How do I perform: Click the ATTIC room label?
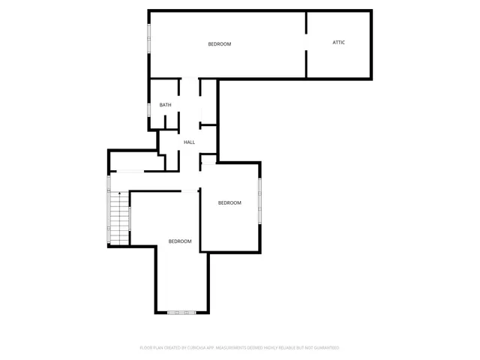pos(339,42)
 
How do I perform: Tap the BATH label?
pos(165,105)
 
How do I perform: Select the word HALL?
pos(189,142)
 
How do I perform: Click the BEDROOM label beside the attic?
pos(220,44)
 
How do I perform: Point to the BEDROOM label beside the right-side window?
pos(229,203)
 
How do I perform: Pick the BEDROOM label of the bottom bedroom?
pos(180,241)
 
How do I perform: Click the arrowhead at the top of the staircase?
pos(119,193)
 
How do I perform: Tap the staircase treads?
pos(119,217)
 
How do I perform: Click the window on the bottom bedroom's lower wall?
pos(181,312)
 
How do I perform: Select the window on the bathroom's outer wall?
pos(149,109)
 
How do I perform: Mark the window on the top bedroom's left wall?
pos(149,37)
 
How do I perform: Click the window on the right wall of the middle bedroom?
pos(260,200)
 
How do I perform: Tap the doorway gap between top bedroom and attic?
pos(306,43)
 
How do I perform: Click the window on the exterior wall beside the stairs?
pos(109,210)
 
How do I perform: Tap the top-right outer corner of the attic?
pos(371,11)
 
